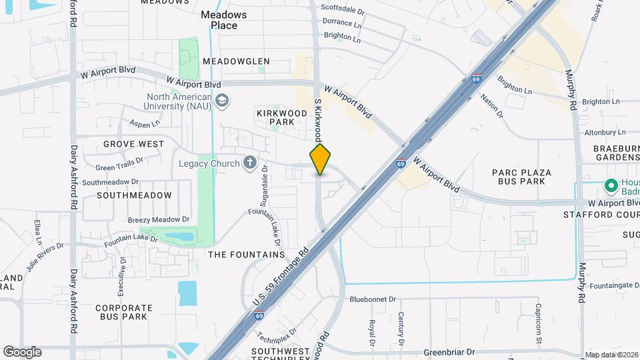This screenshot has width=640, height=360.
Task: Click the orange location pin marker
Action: pyautogui.click(x=320, y=159)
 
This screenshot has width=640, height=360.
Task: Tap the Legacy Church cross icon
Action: pyautogui.click(x=249, y=163)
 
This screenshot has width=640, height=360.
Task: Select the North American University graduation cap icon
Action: pyautogui.click(x=222, y=101)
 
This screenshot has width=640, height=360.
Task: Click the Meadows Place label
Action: pyautogui.click(x=224, y=20)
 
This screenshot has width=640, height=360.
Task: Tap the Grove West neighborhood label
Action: pyautogui.click(x=133, y=144)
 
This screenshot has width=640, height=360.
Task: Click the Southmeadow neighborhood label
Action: pyautogui.click(x=134, y=195)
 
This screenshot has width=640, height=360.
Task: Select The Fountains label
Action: pyautogui.click(x=247, y=255)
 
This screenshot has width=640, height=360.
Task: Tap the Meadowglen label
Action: pyautogui.click(x=236, y=61)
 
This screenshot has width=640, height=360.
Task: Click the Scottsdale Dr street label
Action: pyautogui.click(x=343, y=11)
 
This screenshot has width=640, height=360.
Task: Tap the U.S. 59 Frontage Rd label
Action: pyautogui.click(x=281, y=275)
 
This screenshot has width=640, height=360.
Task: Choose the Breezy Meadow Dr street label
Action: pyautogui.click(x=159, y=219)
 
